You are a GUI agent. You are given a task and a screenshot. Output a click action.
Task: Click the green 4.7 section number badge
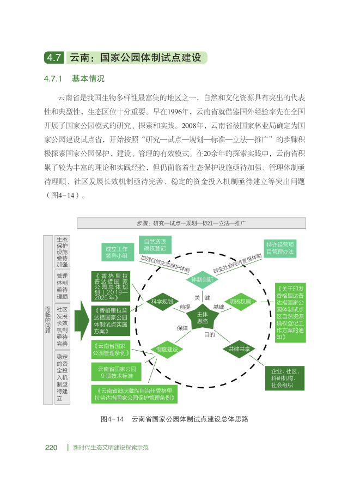[54, 57]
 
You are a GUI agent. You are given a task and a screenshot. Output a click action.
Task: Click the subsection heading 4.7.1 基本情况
[74, 78]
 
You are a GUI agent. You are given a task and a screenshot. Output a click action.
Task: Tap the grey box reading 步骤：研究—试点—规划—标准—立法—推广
[191, 223]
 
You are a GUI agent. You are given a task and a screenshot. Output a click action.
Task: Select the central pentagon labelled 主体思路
[202, 317]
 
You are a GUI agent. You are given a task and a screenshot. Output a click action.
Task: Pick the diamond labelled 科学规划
[162, 301]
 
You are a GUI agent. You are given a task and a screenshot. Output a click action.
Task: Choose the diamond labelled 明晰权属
[240, 301]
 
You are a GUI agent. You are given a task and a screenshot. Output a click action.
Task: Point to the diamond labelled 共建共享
[240, 349]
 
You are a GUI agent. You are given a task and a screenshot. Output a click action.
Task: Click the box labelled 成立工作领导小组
[116, 252]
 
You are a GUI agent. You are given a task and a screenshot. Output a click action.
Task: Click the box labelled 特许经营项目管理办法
[280, 248]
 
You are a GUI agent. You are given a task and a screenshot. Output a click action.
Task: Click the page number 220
[51, 448]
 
